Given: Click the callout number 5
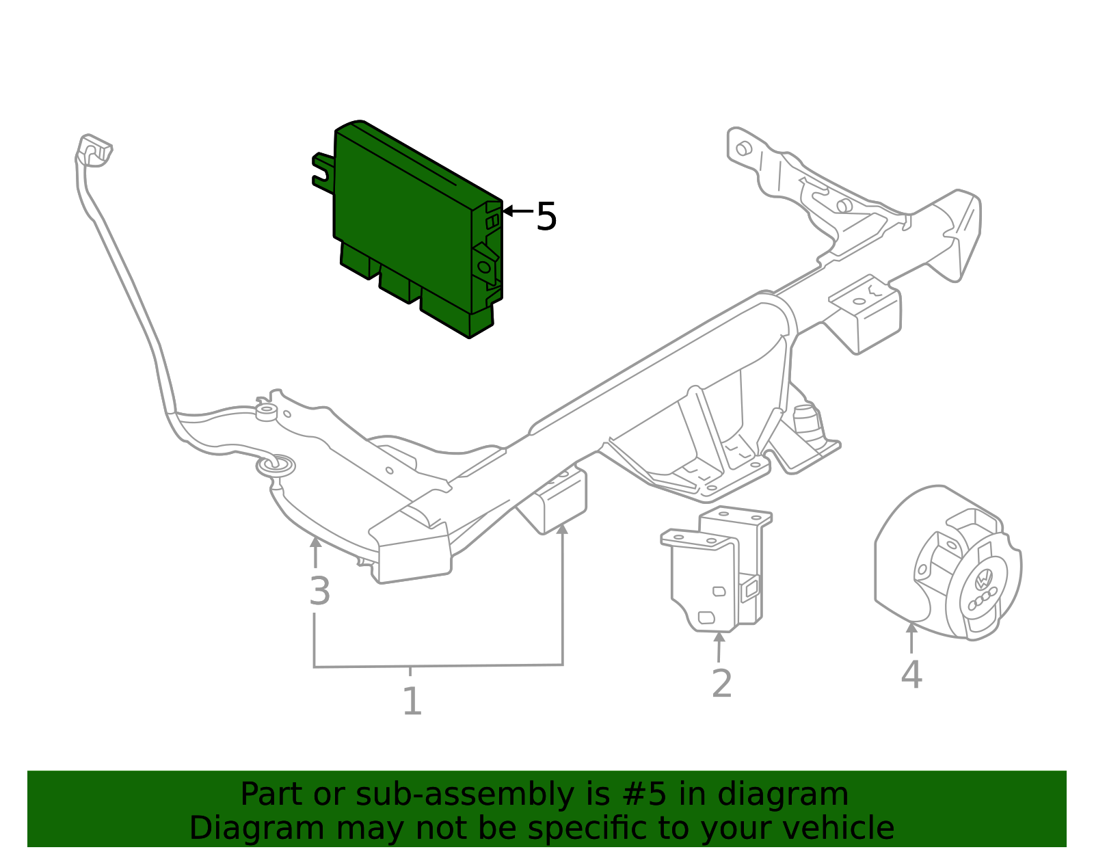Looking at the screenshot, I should tap(546, 217).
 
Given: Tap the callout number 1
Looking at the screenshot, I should tap(412, 702).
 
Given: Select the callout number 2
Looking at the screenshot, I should tap(721, 683).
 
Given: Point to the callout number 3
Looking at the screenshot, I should tap(319, 591).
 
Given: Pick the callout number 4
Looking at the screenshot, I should tap(911, 674).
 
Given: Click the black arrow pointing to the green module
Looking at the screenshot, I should tap(516, 211).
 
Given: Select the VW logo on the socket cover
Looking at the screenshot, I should tap(983, 580).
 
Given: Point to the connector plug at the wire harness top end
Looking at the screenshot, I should tap(94, 150).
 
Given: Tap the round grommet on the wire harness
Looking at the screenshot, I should tap(276, 466).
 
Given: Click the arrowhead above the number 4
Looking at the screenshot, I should tap(911, 628).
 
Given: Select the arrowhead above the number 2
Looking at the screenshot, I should tap(719, 638).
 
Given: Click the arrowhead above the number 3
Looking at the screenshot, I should tap(315, 542).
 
